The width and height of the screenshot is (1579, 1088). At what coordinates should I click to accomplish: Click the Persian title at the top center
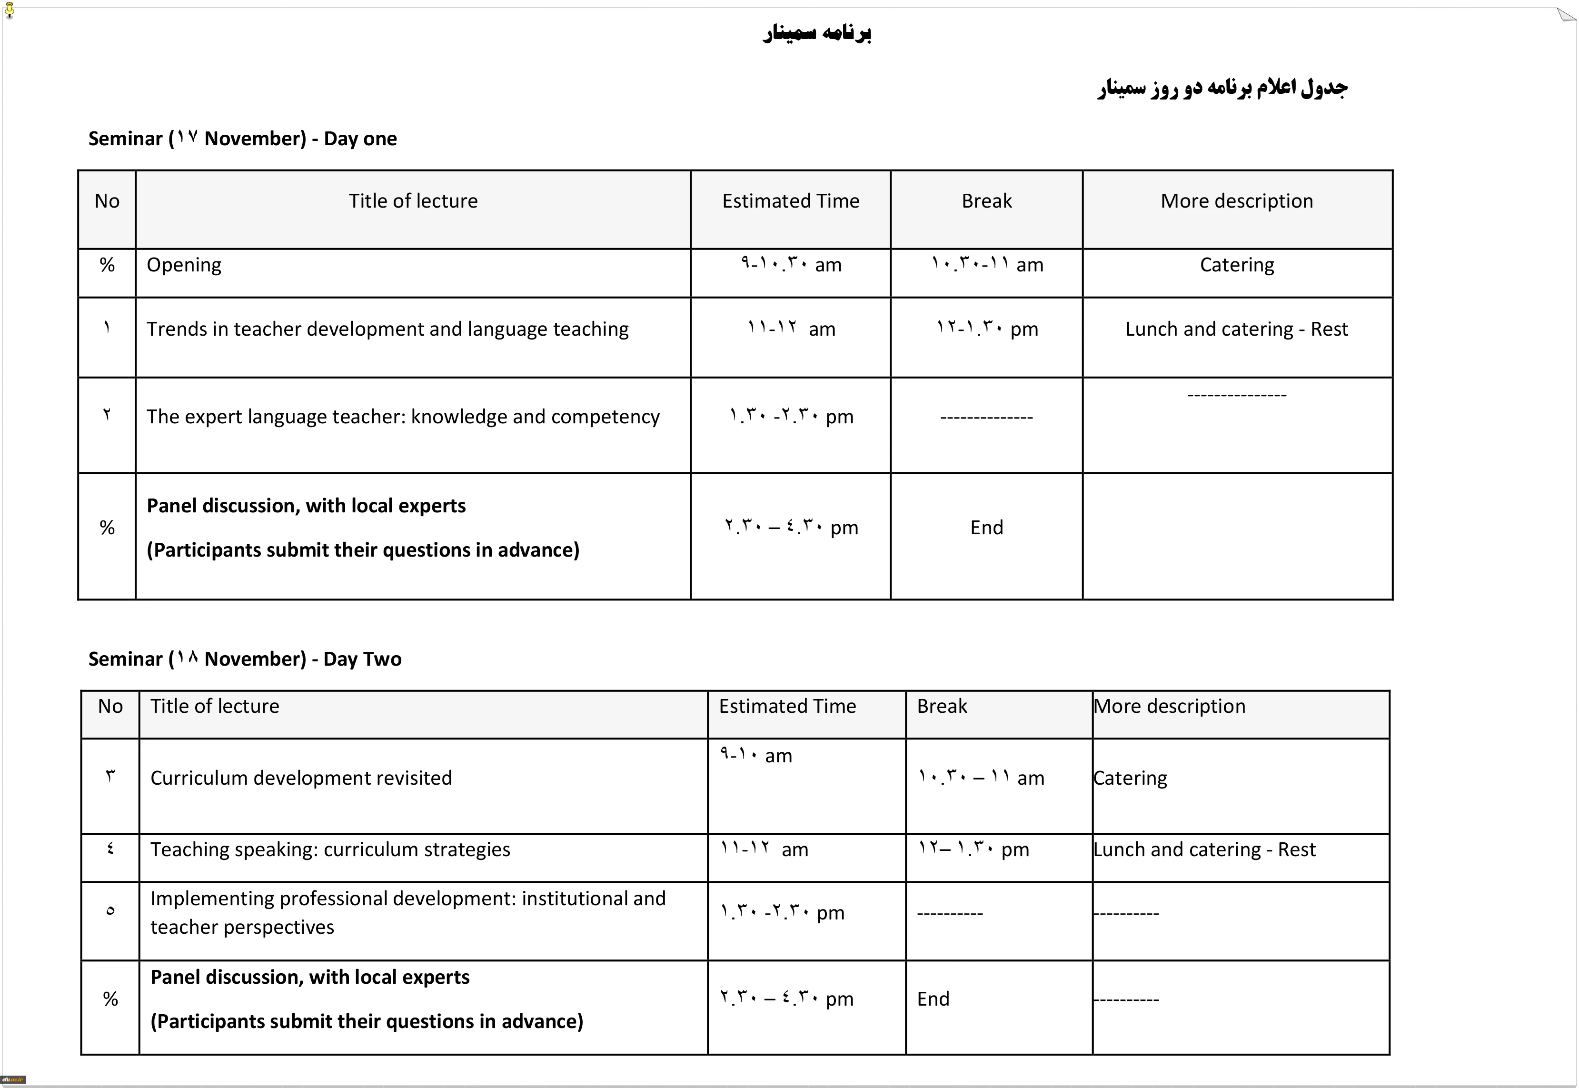[x=816, y=33]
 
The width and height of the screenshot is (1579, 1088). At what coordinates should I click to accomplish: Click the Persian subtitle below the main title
[x=1222, y=88]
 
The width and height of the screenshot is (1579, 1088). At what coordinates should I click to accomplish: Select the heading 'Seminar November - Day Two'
[x=245, y=659]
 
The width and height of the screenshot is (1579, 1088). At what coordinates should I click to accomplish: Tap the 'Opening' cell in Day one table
[x=184, y=265]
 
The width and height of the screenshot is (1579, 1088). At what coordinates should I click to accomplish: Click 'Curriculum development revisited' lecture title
[x=300, y=778]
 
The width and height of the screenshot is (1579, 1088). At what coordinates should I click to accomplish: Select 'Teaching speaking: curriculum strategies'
[x=330, y=849]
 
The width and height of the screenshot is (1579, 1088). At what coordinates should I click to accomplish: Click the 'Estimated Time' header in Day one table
[x=791, y=201]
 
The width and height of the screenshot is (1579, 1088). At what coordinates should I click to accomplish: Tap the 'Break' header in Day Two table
[x=942, y=706]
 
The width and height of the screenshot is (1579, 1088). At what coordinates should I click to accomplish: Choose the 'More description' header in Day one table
[x=1236, y=201]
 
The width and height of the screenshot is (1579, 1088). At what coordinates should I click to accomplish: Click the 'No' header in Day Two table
[x=110, y=706]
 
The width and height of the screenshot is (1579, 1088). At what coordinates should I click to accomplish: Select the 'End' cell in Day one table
[x=986, y=527]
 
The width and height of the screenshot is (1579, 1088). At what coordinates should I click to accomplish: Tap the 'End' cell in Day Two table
[x=933, y=998]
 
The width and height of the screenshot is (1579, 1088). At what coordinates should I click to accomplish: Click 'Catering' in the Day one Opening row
[x=1236, y=265]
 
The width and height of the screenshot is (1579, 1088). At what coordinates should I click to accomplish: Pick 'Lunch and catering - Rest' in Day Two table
[x=1204, y=849]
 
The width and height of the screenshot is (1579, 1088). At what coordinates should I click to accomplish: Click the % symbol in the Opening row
[x=107, y=265]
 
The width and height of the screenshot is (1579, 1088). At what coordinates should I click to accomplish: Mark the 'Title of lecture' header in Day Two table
[x=215, y=706]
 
